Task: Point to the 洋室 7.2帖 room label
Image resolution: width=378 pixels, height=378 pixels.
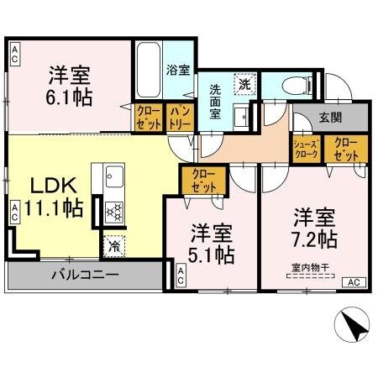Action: coord(314,228)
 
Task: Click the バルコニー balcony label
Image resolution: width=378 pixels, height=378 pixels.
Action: coord(83,274)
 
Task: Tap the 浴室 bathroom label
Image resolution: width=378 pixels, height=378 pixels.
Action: coord(177,70)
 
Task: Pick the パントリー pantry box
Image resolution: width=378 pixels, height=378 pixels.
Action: coord(179,118)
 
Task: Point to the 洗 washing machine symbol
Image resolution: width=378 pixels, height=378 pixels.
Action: coord(244,84)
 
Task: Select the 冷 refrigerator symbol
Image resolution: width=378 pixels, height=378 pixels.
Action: coord(113,246)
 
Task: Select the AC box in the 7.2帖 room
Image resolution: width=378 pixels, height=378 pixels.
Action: coord(354,282)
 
